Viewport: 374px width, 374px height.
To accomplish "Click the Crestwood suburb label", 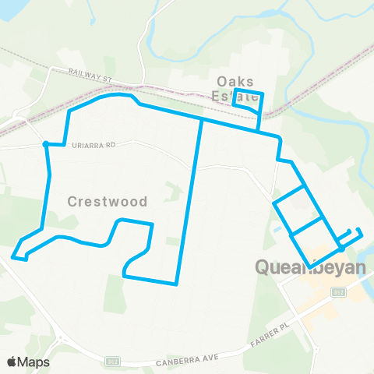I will (108, 201).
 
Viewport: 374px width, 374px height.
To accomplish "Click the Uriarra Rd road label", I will (93, 144).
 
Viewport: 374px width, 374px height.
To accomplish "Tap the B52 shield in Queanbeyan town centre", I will (338, 292).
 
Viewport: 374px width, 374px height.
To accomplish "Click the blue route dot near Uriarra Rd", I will (47, 143).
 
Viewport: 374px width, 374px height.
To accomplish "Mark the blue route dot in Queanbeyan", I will (341, 249).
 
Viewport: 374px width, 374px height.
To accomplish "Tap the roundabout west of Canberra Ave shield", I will (61, 340).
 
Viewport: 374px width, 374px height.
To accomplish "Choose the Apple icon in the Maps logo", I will (11, 362).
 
